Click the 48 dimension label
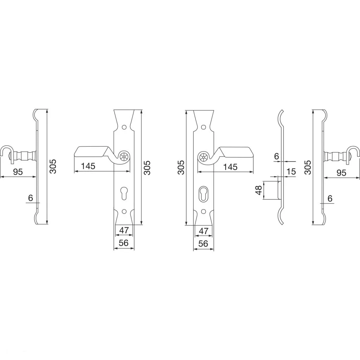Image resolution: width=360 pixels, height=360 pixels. tap(259, 190)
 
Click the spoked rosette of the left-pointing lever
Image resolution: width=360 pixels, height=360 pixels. tap(124, 157)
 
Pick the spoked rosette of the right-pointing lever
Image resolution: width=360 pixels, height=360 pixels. tap(203, 157)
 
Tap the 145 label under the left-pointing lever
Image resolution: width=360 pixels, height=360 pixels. tap(88, 166)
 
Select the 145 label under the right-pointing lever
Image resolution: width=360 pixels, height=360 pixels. tap(231, 167)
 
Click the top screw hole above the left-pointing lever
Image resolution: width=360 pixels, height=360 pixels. tap(124, 127)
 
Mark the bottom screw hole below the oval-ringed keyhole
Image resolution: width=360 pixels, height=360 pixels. tap(203, 211)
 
